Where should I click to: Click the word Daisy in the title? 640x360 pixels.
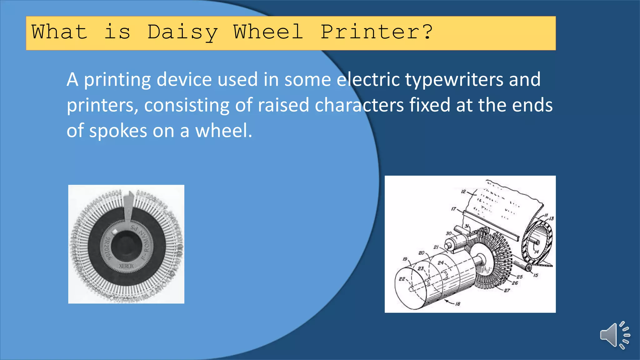pyautogui.click(x=182, y=32)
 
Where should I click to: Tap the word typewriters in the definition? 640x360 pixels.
pyautogui.click(x=454, y=79)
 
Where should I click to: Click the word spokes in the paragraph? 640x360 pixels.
pyautogui.click(x=118, y=131)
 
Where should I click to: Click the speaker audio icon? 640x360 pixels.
pyautogui.click(x=614, y=335)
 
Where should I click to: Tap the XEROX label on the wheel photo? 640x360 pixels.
pyautogui.click(x=126, y=266)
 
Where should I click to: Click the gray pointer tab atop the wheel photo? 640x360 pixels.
pyautogui.click(x=128, y=206)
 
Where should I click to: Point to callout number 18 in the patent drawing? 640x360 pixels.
pyautogui.click(x=457, y=304)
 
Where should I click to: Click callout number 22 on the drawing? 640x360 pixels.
pyautogui.click(x=402, y=279)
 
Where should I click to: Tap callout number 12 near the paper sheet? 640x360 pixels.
pyautogui.click(x=463, y=191)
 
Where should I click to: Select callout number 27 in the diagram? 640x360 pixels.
pyautogui.click(x=507, y=290)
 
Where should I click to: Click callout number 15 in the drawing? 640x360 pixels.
pyautogui.click(x=536, y=275)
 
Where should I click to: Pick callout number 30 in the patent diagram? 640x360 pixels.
pyautogui.click(x=448, y=233)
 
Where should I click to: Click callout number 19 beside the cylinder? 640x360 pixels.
pyautogui.click(x=405, y=259)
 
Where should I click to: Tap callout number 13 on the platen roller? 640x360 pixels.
pyautogui.click(x=551, y=218)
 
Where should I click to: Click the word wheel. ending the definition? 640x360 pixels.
pyautogui.click(x=223, y=131)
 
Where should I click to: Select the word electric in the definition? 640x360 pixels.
pyautogui.click(x=368, y=79)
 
